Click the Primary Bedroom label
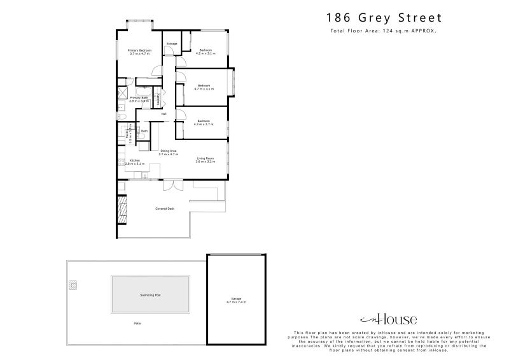139,50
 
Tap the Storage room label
171,43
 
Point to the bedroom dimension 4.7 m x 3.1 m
204,89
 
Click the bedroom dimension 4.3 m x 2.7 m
204,125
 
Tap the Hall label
164,114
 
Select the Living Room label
205,158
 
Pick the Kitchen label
135,160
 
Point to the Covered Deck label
165,209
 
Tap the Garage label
236,298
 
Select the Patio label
137,325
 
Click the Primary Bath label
139,97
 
